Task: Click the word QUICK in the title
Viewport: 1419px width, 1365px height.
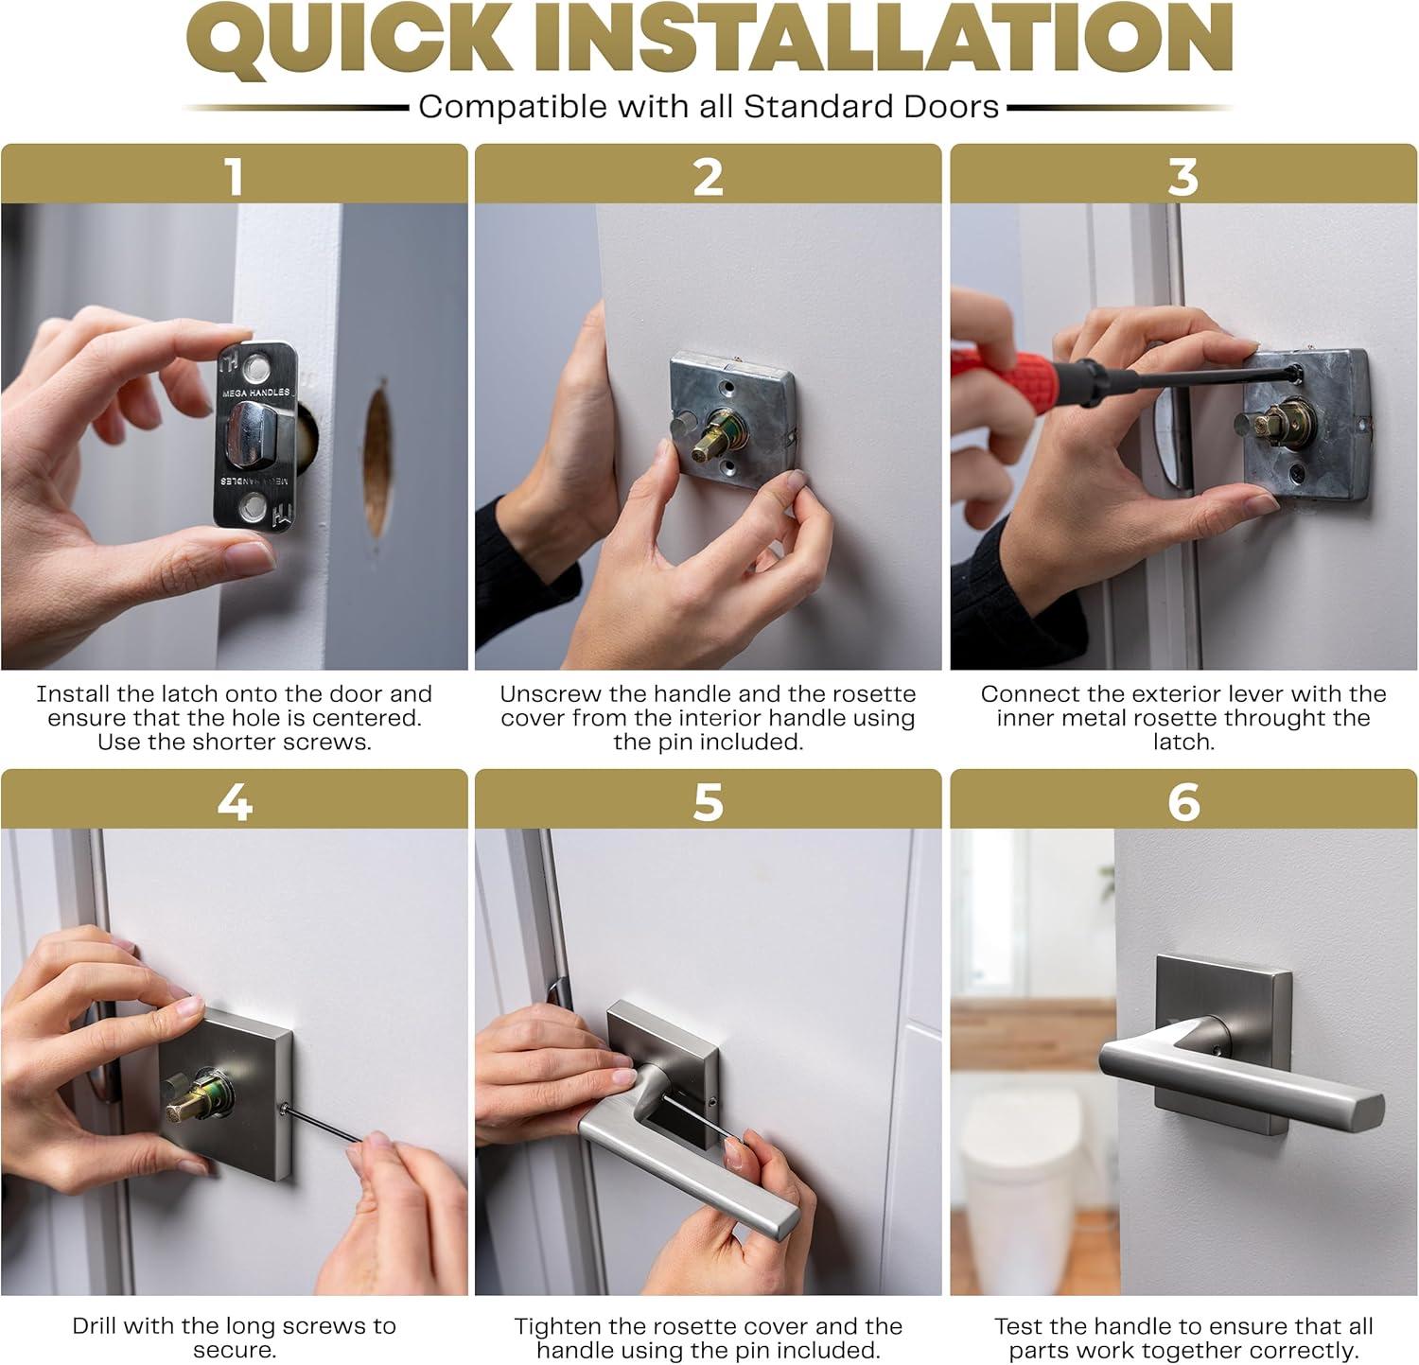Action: [345, 42]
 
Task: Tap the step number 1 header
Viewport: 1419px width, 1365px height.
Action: [234, 176]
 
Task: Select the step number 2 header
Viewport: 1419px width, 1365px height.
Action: [708, 176]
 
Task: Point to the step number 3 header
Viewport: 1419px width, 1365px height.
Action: [1182, 176]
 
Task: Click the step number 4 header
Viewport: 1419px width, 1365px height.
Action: [234, 802]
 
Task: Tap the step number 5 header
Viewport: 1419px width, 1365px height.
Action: [708, 802]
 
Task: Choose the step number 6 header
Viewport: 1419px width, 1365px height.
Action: [1182, 802]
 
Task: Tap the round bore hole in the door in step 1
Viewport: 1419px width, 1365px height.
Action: [378, 459]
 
